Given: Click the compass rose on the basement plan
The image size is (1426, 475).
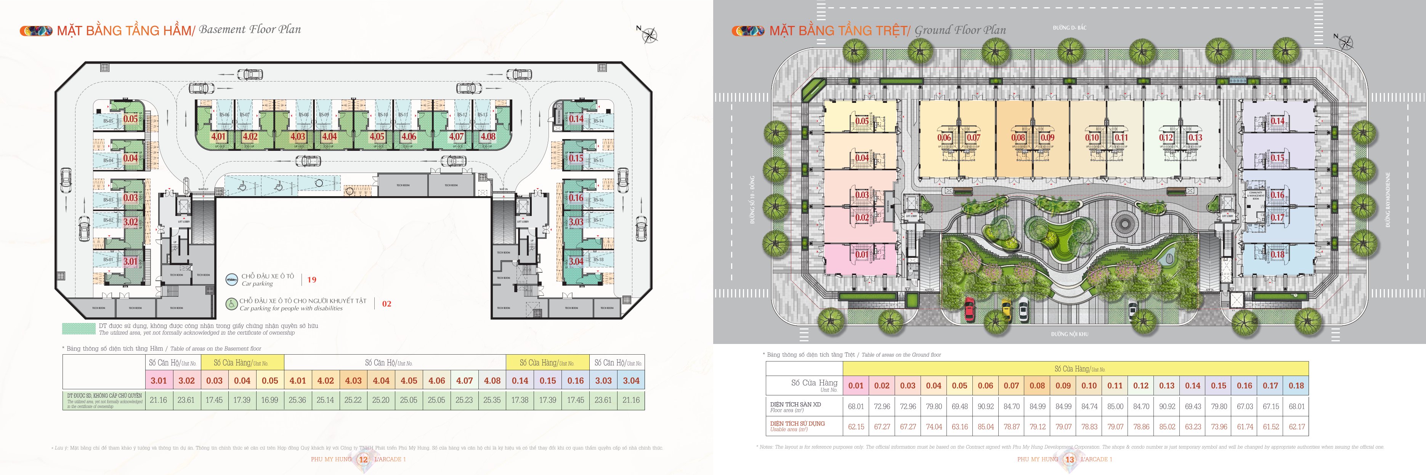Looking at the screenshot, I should [649, 35].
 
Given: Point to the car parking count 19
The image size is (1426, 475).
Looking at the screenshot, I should [312, 280].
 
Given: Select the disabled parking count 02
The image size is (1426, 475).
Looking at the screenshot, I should [387, 304].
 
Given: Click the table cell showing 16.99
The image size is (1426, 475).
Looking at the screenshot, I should [269, 400].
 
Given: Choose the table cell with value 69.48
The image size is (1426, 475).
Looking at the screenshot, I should [959, 406].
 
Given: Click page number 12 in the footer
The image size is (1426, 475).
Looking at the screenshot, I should [363, 459].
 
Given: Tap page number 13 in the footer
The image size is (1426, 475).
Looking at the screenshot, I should [1070, 459].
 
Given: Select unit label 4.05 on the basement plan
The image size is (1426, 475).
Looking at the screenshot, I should [377, 137].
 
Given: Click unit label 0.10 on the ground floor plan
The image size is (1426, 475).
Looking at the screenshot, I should [1092, 138].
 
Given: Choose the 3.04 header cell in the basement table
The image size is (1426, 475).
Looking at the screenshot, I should [631, 381].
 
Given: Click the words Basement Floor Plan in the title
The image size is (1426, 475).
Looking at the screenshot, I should [250, 30].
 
